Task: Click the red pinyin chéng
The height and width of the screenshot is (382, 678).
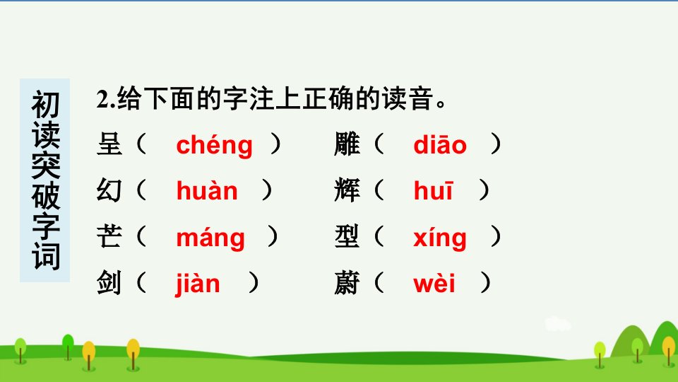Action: click(214, 146)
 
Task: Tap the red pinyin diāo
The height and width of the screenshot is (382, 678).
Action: click(440, 144)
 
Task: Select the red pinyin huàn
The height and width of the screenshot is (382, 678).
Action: click(207, 190)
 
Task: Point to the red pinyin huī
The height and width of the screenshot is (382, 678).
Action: click(433, 190)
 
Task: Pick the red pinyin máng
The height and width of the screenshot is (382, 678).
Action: click(210, 238)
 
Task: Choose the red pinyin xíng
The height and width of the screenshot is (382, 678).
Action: click(440, 238)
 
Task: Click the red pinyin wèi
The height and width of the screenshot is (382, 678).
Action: click(434, 283)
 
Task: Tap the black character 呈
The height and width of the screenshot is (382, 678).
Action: click(109, 144)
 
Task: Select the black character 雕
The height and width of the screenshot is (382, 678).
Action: click(347, 144)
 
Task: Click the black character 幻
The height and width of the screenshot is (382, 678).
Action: click(109, 190)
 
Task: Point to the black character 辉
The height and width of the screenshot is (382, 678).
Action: click(347, 190)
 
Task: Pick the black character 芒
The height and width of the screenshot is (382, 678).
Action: click(109, 237)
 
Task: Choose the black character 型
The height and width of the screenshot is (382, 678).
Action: click(347, 237)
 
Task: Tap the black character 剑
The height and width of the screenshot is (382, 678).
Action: click(109, 283)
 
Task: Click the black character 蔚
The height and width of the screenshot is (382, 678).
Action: click(347, 283)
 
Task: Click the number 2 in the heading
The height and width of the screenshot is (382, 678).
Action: click(103, 100)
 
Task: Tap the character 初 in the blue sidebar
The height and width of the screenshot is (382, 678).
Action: click(45, 105)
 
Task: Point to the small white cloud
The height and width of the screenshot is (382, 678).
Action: click(557, 324)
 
